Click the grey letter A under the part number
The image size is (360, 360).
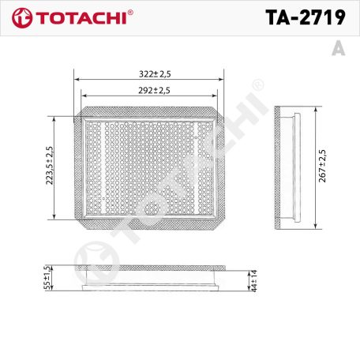point(339,48)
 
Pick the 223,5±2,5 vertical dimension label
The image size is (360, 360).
point(48,165)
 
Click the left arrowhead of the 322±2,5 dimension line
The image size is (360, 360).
point(75,79)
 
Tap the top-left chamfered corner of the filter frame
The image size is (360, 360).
point(78,114)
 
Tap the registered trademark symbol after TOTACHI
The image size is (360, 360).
point(129,12)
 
